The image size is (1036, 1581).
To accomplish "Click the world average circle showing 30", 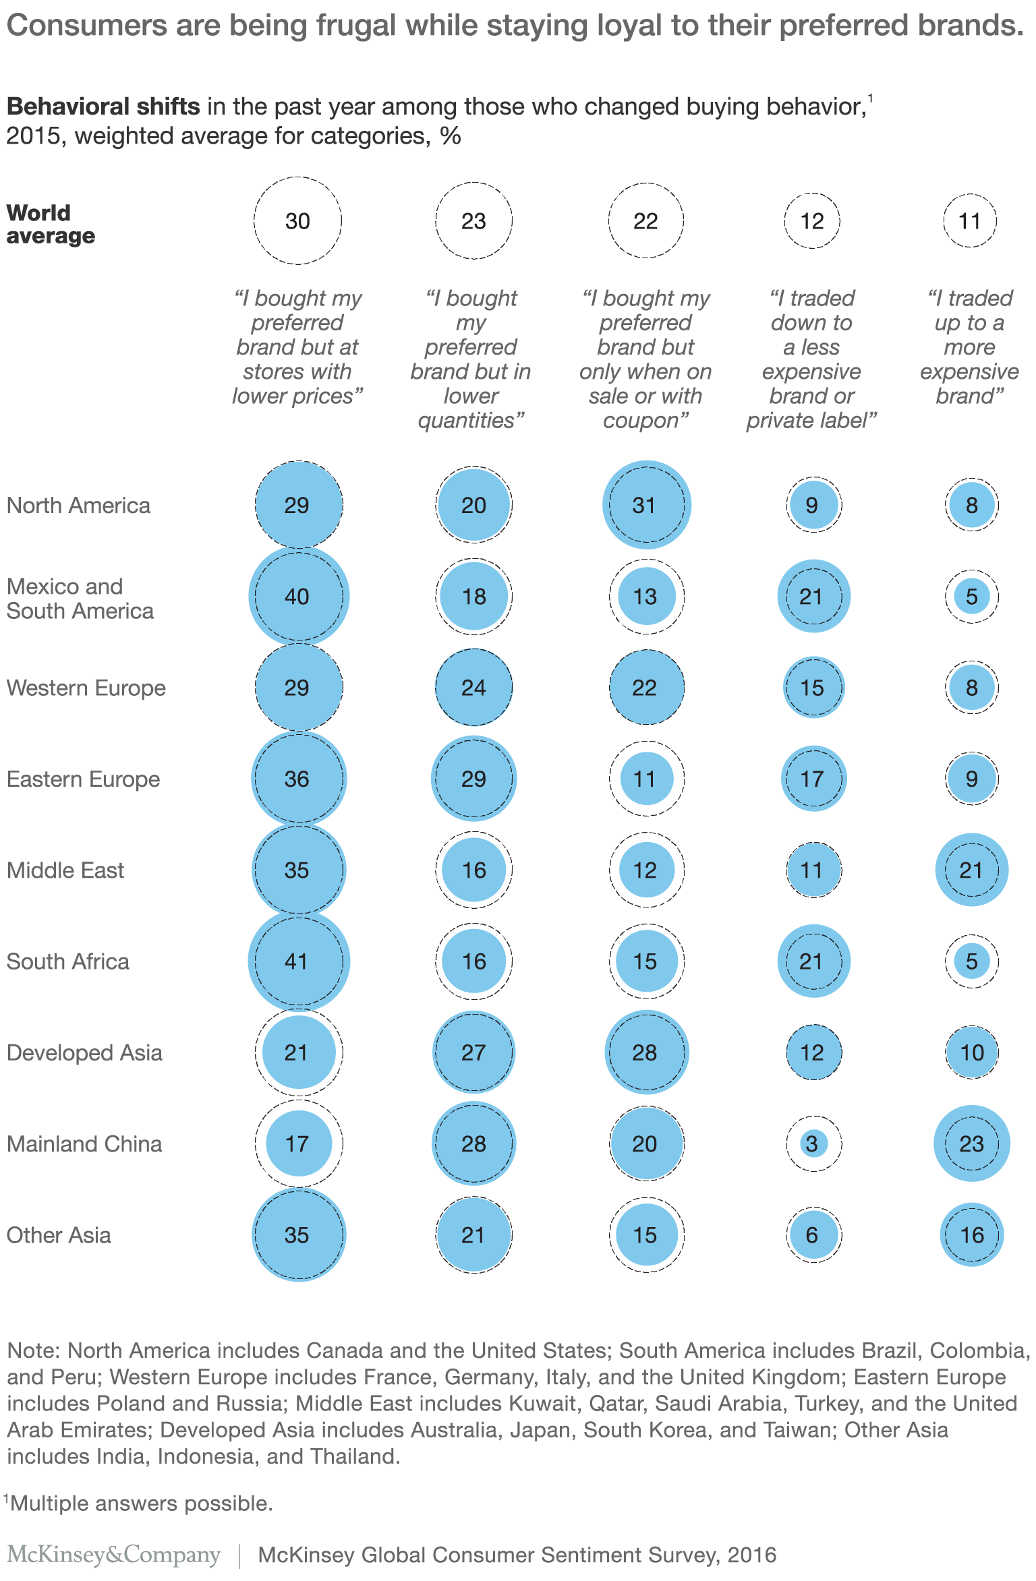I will coord(297,220).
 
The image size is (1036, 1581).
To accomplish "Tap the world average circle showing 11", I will coord(970,220).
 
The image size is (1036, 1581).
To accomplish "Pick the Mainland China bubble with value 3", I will coord(813,1143).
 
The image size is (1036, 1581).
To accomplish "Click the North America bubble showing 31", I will coord(646,505).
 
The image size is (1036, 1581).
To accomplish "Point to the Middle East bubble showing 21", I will coord(971,870).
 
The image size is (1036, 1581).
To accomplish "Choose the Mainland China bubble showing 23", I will coord(971,1143).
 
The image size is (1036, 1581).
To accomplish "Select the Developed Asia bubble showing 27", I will coord(473,1052).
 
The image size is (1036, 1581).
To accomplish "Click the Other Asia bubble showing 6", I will coord(813,1235).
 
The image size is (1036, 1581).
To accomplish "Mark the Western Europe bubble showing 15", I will coord(813,688).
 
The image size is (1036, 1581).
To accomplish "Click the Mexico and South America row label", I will coord(80,599).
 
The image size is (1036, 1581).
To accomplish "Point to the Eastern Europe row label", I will coord(84,779).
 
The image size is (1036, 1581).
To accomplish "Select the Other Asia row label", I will coord(59,1235).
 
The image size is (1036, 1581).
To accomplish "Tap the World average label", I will coord(51,224).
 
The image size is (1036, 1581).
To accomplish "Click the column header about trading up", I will coord(969,347).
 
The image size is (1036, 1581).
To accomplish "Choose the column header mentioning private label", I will coord(811,359).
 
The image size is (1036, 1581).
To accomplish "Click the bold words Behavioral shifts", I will coord(103,107).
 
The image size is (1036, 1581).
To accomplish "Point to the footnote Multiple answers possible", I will coord(141,1503).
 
